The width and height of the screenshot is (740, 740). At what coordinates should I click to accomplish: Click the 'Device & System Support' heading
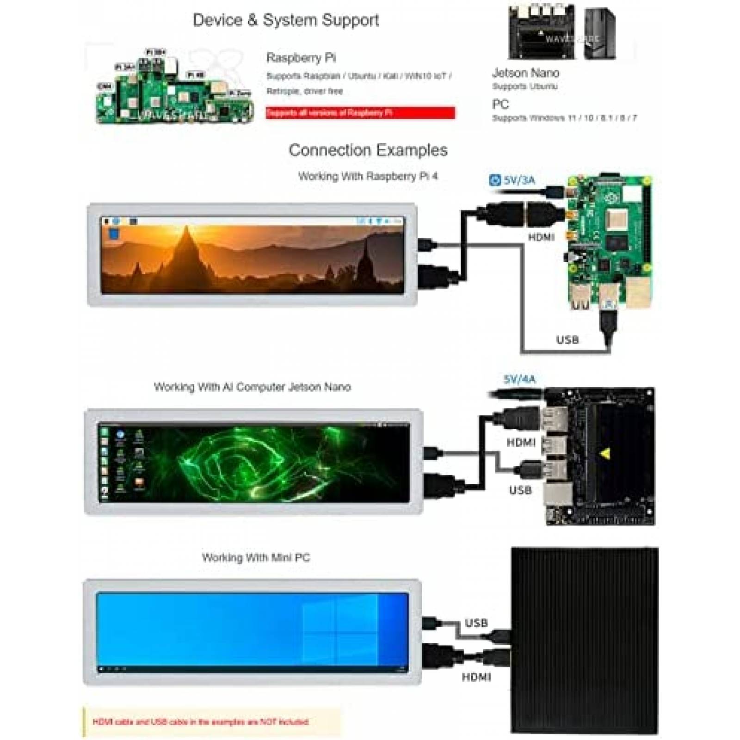point(285,20)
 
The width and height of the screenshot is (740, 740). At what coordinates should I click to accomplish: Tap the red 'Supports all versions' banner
point(360,112)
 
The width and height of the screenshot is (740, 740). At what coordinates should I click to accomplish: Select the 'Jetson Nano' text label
point(525,73)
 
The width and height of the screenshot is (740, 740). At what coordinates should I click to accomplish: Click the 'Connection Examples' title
point(368,150)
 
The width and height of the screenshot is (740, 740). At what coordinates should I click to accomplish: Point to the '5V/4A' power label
point(519,380)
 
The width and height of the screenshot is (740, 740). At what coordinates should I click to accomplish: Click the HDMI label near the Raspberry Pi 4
point(541,237)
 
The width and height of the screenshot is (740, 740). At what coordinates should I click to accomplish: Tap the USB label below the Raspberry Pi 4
point(567,340)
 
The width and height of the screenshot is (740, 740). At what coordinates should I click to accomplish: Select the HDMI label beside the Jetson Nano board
point(521,443)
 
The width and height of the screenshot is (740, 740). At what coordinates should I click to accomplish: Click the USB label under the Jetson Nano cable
point(520,490)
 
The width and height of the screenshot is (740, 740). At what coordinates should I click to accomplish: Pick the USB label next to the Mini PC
point(476,623)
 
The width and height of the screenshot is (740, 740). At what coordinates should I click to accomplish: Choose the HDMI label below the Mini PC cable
point(476,677)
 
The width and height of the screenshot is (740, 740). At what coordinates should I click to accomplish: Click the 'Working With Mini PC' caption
point(256,558)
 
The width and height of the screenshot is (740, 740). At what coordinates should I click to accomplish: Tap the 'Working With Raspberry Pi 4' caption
point(368,176)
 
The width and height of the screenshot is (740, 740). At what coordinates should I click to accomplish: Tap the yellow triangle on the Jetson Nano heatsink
point(604,454)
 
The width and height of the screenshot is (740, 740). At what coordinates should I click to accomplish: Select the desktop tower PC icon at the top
point(599,33)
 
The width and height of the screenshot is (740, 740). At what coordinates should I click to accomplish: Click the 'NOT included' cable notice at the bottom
point(200,721)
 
